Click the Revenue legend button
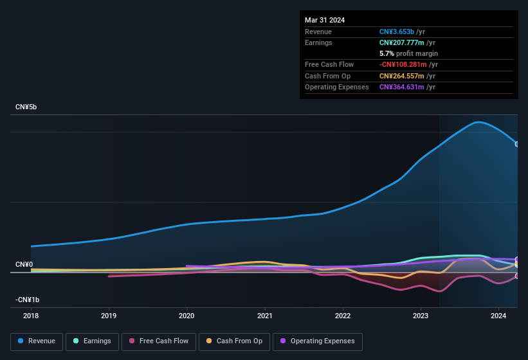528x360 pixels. [37, 341]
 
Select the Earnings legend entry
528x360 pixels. [92, 341]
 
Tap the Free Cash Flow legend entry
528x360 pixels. [158, 341]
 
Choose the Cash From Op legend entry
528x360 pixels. [233, 341]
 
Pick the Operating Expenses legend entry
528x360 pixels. [318, 341]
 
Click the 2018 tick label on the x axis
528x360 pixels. [31, 316]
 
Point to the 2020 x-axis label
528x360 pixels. [187, 316]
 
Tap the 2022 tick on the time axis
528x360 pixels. [342, 316]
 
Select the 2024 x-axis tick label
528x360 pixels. [498, 316]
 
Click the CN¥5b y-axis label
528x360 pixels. [26, 107]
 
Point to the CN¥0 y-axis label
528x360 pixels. [24, 264]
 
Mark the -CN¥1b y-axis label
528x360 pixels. [28, 300]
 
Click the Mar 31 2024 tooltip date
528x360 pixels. [325, 20]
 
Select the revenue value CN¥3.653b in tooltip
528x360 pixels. [397, 32]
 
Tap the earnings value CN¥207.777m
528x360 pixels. [402, 42]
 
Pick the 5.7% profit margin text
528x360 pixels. [408, 53]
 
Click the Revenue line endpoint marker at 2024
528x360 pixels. [517, 144]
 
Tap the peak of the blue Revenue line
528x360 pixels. [478, 122]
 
